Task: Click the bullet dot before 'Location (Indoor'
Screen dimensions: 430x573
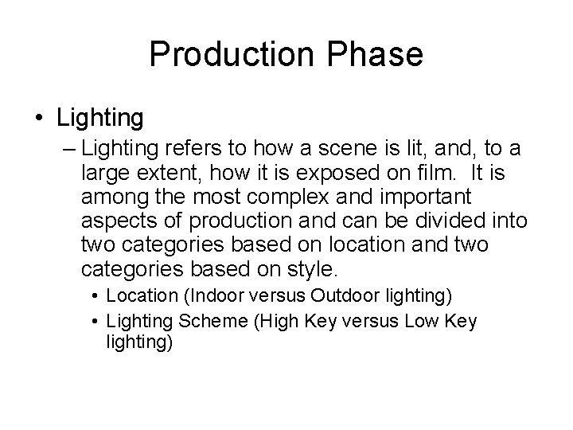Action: (95, 296)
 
